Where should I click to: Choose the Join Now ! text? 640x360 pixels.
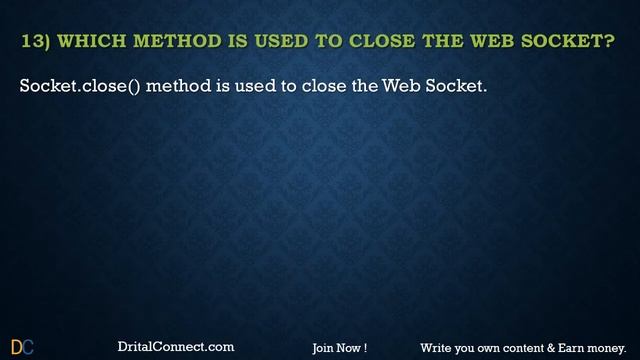coord(339,348)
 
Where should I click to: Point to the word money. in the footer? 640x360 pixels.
coord(609,348)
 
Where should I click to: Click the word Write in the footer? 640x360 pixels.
coord(436,348)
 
